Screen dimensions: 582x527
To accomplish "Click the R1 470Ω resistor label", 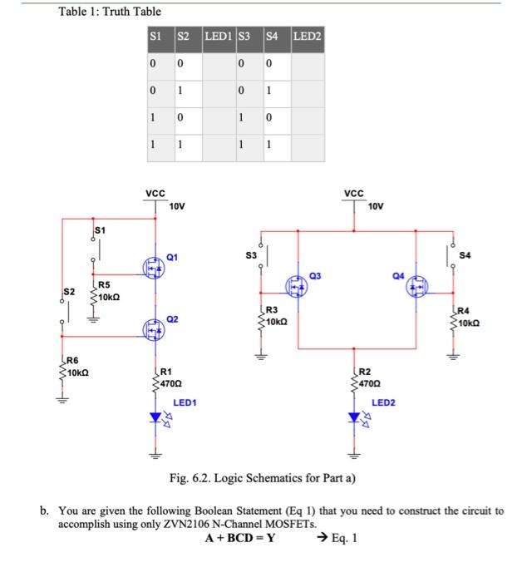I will click(x=170, y=379).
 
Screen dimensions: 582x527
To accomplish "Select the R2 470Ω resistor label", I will click(x=370, y=379).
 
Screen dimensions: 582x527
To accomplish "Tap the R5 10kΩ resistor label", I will click(x=109, y=291).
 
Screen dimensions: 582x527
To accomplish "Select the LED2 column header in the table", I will click(x=307, y=37).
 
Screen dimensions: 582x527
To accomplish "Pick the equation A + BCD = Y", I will click(x=241, y=538).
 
